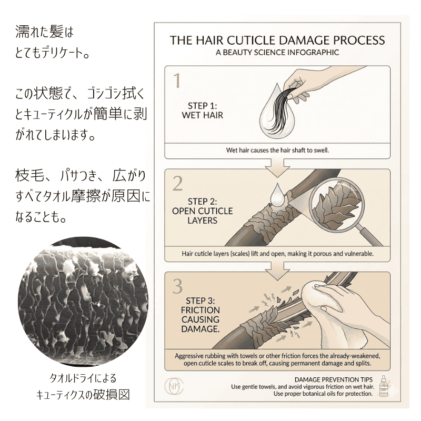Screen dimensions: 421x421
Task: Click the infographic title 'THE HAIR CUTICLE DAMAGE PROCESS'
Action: point(277,41)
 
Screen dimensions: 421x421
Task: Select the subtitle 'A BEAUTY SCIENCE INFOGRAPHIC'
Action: point(277,52)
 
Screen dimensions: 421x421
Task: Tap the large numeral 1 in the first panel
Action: point(177,81)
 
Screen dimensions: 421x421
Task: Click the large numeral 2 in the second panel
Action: point(177,183)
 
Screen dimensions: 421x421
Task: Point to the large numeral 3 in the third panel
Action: point(178,286)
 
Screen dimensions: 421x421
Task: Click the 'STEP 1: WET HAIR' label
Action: point(203,111)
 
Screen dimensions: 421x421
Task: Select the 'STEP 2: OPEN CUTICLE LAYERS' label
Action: point(203,211)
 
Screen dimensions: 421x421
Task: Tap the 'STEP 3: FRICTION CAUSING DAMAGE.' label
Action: point(201,315)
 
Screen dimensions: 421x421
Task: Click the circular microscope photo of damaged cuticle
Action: point(83,301)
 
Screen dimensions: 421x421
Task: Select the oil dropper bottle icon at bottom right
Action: point(384,386)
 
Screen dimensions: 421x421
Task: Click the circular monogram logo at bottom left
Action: point(174,387)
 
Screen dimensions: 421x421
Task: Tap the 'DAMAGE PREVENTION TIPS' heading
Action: point(334,379)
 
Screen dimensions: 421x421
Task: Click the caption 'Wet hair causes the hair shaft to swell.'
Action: point(277,150)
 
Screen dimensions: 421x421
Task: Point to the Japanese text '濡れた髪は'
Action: point(44,32)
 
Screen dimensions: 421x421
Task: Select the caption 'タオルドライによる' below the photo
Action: point(83,378)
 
